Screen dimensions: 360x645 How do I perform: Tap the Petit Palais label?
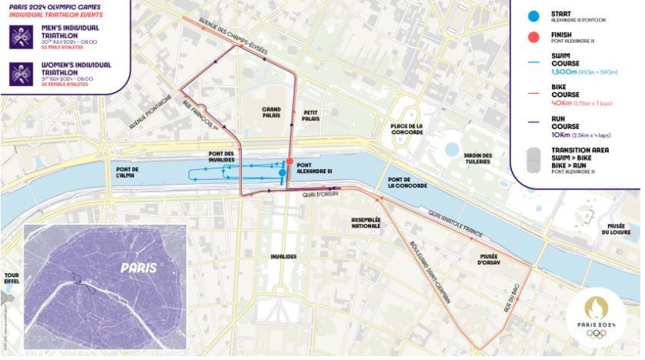tap(311, 116)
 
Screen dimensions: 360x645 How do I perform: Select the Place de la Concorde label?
tap(406, 130)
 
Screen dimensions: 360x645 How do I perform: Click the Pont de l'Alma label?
tap(127, 172)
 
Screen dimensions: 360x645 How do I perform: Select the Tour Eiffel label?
tap(11, 279)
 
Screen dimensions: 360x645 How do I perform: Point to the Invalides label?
tap(283, 256)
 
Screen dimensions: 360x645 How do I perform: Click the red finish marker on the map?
tap(290, 161)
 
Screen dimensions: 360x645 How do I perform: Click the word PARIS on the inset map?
tap(138, 268)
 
